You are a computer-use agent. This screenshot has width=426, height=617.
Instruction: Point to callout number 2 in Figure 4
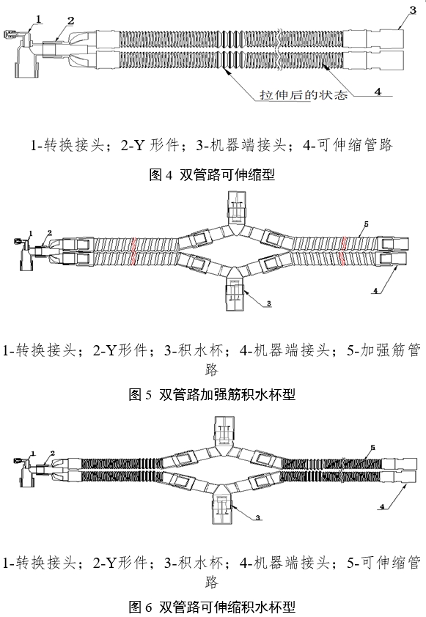coord(70,20)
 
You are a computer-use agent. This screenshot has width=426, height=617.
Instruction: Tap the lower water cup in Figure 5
coord(233,293)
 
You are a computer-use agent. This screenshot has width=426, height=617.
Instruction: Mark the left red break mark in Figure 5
coord(133,251)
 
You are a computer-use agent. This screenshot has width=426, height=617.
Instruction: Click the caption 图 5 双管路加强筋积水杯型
coord(212,394)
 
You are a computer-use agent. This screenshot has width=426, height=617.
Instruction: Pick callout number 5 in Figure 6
coord(372,446)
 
